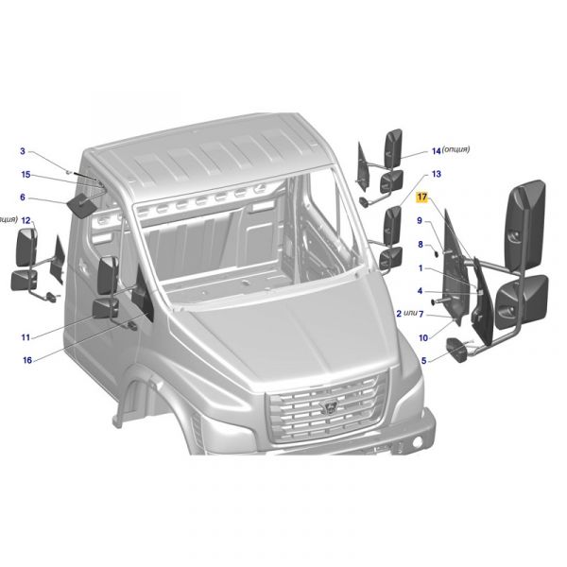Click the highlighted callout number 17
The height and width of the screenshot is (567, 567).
(x=422, y=198)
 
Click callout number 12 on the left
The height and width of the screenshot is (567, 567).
(x=26, y=220)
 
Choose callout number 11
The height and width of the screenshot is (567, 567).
(x=26, y=337)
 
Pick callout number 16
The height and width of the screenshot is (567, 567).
(x=26, y=360)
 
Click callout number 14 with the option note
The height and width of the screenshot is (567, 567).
(x=437, y=150)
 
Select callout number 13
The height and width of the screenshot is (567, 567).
(x=437, y=174)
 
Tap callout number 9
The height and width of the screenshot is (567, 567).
(x=420, y=221)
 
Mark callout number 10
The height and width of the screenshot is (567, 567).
(x=422, y=337)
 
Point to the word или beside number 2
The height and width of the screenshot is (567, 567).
(x=411, y=314)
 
